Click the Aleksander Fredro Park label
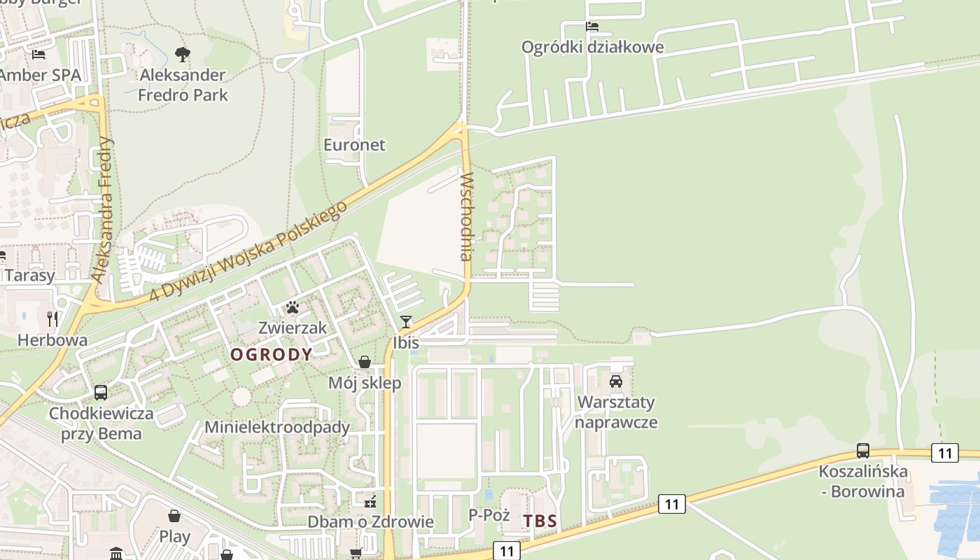click(x=183, y=85)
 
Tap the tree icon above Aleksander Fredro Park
click(x=183, y=54)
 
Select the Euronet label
click(x=354, y=145)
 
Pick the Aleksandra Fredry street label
click(x=104, y=210)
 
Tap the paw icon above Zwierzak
click(x=292, y=307)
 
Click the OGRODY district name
click(x=272, y=355)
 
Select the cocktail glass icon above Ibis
click(x=405, y=322)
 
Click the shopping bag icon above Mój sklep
click(x=365, y=362)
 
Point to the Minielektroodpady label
click(x=277, y=427)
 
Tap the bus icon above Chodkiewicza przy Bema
click(x=101, y=393)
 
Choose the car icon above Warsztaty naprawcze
click(x=616, y=381)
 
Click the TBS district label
click(x=540, y=521)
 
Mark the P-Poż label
click(x=489, y=515)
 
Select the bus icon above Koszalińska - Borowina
click(x=863, y=451)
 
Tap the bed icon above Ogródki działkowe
click(x=592, y=27)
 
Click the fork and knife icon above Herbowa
click(x=52, y=319)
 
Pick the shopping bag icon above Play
click(x=174, y=516)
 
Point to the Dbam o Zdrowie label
click(x=371, y=522)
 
